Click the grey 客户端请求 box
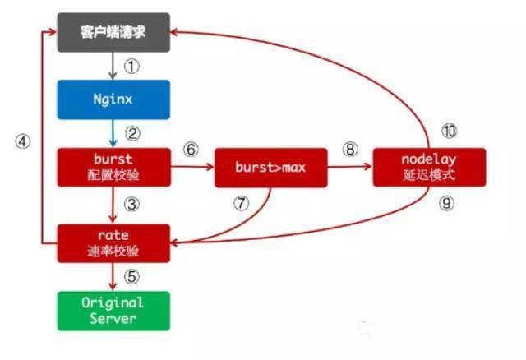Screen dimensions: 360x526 pos(113,32)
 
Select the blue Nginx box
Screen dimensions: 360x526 pos(113,99)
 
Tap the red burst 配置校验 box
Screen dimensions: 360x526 pos(113,167)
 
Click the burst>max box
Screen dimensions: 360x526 pos(270,167)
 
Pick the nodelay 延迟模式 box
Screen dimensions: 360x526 pos(429,167)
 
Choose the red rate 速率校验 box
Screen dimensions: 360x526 pos(113,243)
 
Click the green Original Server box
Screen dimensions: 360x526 pos(113,311)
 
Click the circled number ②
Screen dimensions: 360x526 pos(131,133)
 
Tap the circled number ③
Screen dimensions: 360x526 pos(131,205)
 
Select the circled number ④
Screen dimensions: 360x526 pos(22,141)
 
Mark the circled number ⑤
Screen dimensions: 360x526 pos(131,278)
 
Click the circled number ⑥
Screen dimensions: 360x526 pos(191,150)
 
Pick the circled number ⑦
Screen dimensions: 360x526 pos(241,205)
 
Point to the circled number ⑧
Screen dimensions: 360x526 pos(350,150)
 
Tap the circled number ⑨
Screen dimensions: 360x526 pos(446,204)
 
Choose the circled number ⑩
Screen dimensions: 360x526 pos(449,132)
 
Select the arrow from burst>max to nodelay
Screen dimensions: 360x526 pos(350,167)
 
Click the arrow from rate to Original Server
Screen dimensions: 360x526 pos(113,277)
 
